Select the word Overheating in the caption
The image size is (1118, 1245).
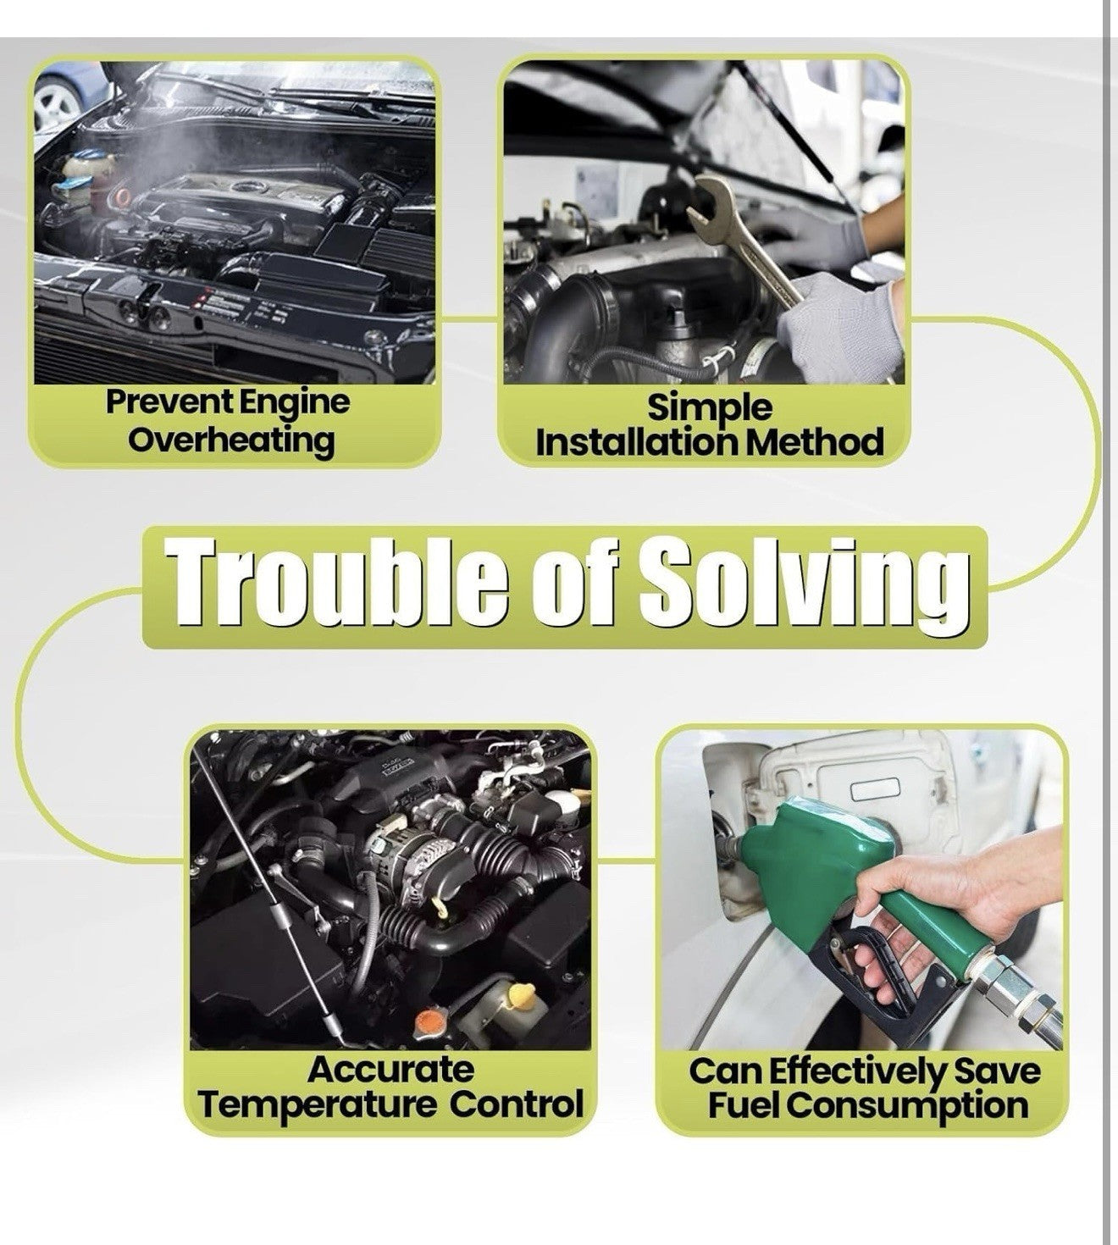click(x=231, y=441)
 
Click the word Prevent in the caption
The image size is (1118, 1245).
click(x=169, y=402)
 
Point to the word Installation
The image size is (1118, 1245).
click(x=636, y=442)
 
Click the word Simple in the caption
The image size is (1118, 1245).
click(x=710, y=408)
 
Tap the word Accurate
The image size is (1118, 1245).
click(x=391, y=1070)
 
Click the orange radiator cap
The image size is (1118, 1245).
click(x=429, y=1020)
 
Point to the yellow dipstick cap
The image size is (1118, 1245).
click(x=521, y=993)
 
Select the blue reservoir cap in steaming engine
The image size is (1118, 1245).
click(x=71, y=182)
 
